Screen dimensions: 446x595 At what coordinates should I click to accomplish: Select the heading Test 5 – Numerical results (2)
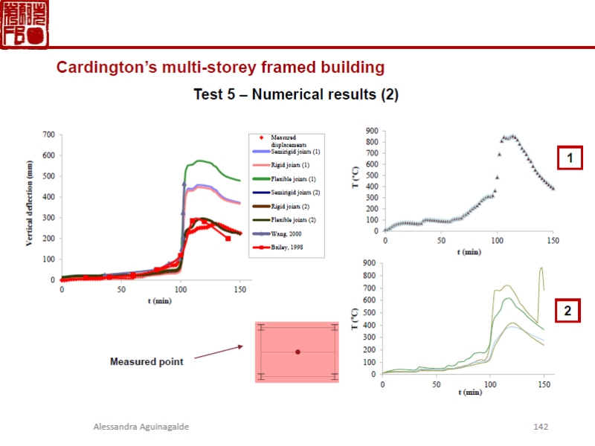tap(296, 95)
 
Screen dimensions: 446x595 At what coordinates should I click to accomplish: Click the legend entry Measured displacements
tap(283, 140)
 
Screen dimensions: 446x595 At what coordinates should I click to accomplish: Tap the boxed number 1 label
tap(570, 158)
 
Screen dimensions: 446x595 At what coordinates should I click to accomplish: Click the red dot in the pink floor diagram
tap(297, 352)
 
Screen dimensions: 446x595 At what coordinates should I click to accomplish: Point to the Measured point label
tap(147, 362)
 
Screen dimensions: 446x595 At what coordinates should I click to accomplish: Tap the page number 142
tap(541, 427)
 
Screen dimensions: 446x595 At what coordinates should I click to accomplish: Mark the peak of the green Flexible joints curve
tap(199, 161)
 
